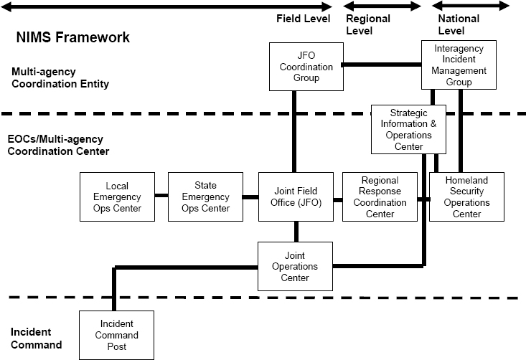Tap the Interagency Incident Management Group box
pos(459,65)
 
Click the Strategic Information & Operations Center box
pos(408,129)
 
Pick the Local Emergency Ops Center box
pos(116,196)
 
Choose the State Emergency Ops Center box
pos(205,196)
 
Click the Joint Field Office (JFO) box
pos(296,196)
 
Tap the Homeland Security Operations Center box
pos(466,196)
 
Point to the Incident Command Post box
pos(116,334)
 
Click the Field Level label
pos(303,19)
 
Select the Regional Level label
pos(368,24)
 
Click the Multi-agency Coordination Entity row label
pos(60,77)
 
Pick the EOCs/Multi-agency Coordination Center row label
pos(58,145)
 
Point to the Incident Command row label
pos(36,338)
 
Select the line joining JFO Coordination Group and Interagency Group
pos(381,65)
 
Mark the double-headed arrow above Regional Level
pos(383,6)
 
